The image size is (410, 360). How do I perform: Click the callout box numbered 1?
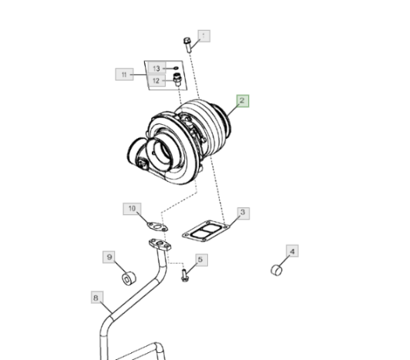pyautogui.click(x=204, y=35)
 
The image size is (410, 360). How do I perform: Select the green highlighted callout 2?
pyautogui.click(x=243, y=101)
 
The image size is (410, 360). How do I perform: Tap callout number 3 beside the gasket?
pyautogui.click(x=244, y=214)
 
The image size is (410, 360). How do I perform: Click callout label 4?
pyautogui.click(x=292, y=251)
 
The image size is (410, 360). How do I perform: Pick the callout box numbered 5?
pyautogui.click(x=202, y=260)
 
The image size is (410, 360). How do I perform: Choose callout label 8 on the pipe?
pyautogui.click(x=97, y=298)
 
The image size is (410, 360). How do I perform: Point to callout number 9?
pyautogui.click(x=109, y=257)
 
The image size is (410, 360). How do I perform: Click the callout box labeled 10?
pyautogui.click(x=132, y=209)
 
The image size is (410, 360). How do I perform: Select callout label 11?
pyautogui.click(x=124, y=75)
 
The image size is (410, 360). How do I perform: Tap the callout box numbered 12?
pyautogui.click(x=156, y=81)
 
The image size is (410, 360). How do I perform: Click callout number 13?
pyautogui.click(x=157, y=69)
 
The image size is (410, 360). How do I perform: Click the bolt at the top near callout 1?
pyautogui.click(x=187, y=45)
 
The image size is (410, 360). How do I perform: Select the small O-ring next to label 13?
pyautogui.click(x=176, y=69)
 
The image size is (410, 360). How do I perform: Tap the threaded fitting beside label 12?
pyautogui.click(x=177, y=80)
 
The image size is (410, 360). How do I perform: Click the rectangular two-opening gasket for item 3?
pyautogui.click(x=206, y=231)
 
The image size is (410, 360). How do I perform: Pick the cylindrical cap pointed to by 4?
pyautogui.click(x=277, y=271)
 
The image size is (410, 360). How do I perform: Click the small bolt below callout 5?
pyautogui.click(x=185, y=276)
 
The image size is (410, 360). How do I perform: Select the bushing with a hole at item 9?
pyautogui.click(x=129, y=278)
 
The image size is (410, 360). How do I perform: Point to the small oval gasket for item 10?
pyautogui.click(x=157, y=227)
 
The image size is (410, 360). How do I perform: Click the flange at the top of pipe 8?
pyautogui.click(x=160, y=244)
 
